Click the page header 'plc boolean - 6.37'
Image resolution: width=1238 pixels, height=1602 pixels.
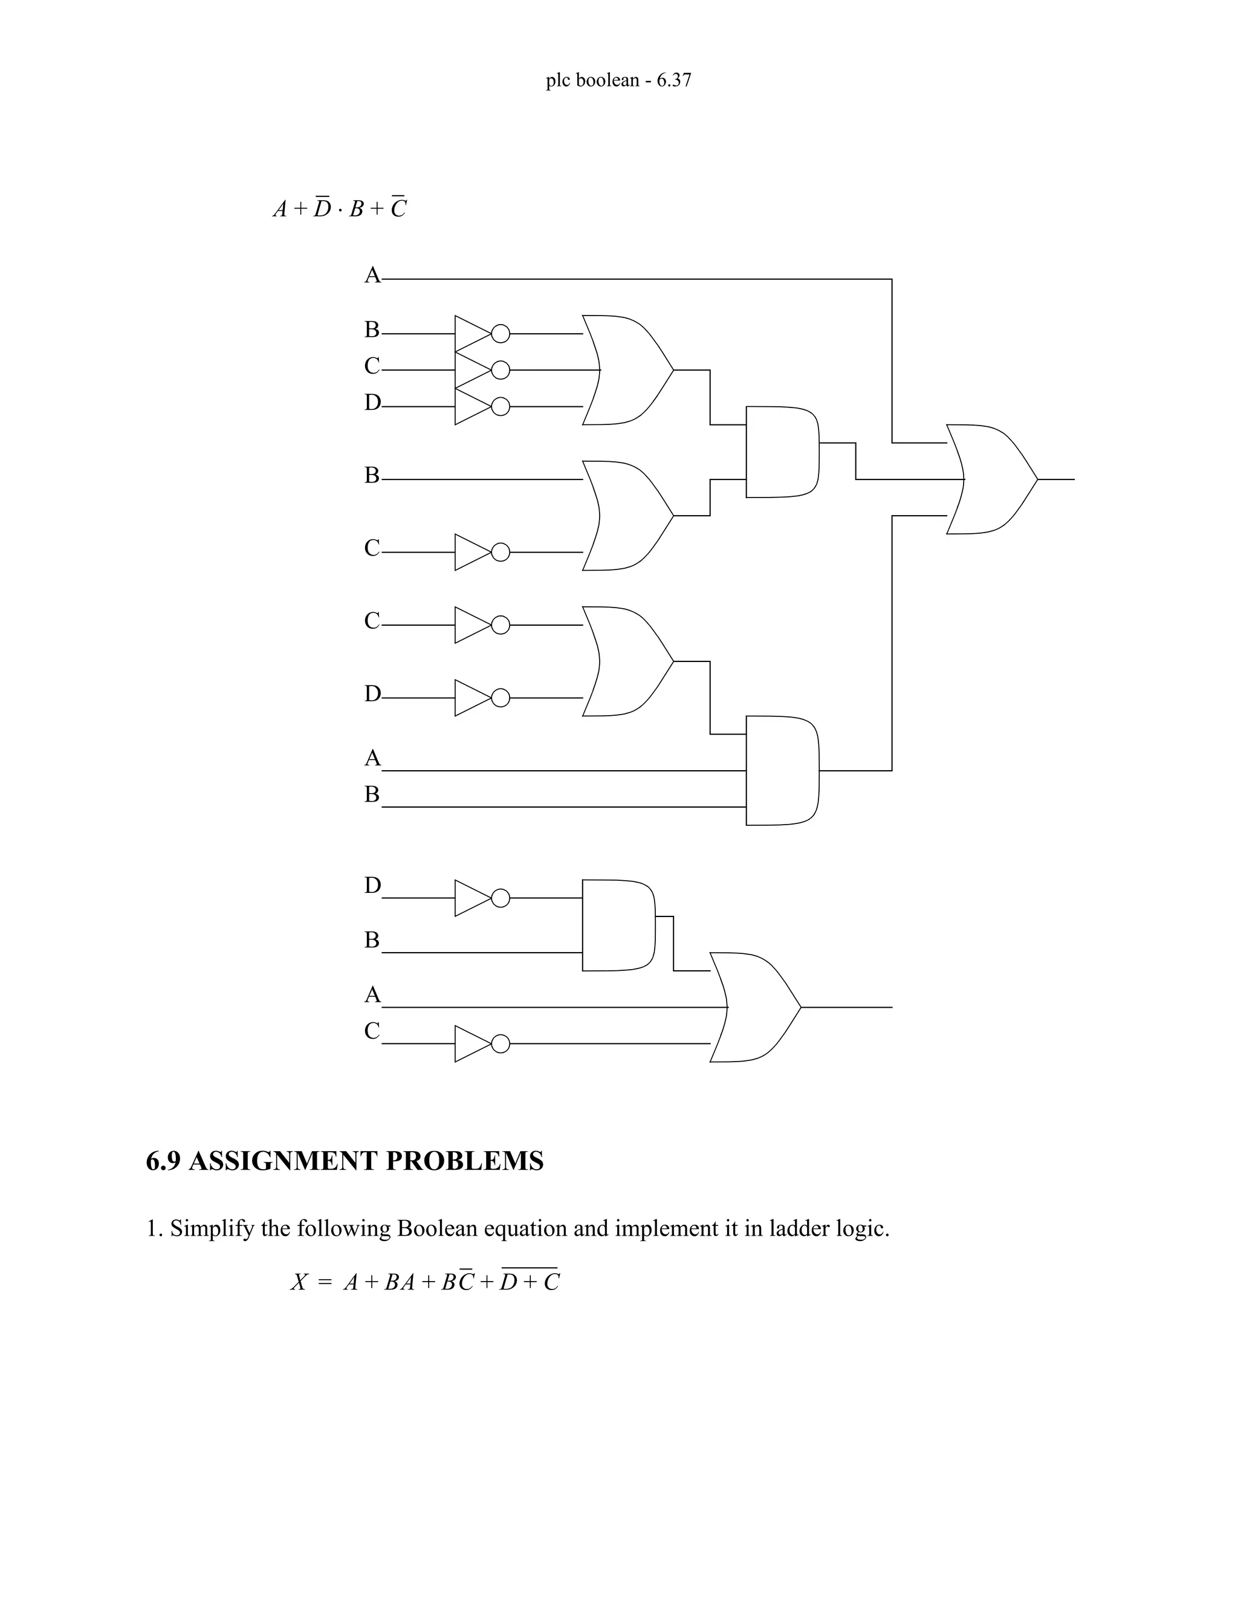point(618,80)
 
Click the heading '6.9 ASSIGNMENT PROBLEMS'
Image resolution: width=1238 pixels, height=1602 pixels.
point(345,1161)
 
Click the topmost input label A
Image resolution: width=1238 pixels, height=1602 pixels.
point(372,275)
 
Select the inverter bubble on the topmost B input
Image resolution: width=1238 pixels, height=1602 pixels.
point(500,334)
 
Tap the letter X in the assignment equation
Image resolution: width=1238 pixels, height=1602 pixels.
point(299,1282)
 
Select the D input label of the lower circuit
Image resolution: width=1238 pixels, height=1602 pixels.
point(372,886)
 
